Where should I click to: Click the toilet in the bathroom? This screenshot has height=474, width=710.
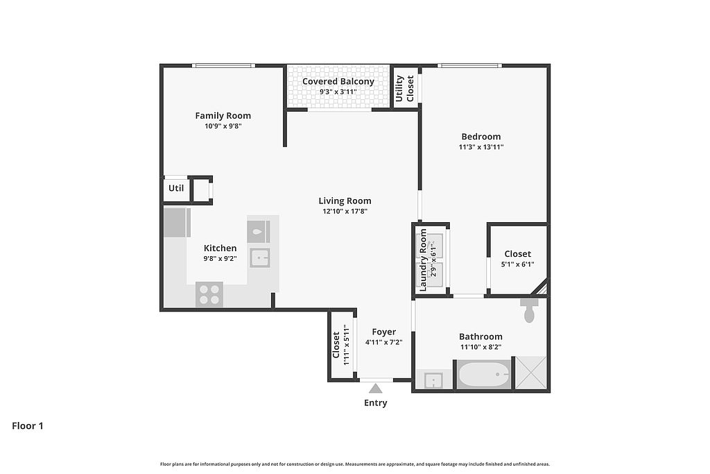(x=529, y=310)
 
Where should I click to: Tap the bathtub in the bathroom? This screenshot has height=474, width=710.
(x=484, y=374)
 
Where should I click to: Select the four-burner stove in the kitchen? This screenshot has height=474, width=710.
(x=209, y=294)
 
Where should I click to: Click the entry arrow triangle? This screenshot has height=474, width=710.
(x=375, y=389)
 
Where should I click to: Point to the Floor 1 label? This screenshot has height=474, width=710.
(x=28, y=426)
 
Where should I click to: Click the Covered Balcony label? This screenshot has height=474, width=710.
(x=338, y=82)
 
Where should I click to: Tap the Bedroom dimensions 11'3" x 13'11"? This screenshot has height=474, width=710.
(x=481, y=147)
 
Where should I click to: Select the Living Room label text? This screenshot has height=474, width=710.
(x=345, y=201)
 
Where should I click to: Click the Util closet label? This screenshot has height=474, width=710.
(x=176, y=188)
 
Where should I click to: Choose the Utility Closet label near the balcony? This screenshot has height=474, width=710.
(x=405, y=88)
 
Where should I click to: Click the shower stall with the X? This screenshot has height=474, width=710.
(x=531, y=373)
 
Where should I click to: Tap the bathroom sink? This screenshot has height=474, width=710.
(x=433, y=380)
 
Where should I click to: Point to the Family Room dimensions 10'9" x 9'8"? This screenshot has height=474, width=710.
(x=223, y=126)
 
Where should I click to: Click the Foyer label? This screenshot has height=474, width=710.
(x=384, y=332)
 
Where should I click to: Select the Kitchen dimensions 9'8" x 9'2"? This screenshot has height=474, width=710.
(x=220, y=259)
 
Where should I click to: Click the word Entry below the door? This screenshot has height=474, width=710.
(x=375, y=403)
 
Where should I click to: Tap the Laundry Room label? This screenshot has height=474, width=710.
(x=424, y=260)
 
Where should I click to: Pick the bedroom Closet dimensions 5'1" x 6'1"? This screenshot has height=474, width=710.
(x=517, y=264)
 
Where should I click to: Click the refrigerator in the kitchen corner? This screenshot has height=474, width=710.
(x=177, y=223)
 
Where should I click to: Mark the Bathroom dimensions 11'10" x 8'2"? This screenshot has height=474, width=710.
(x=481, y=347)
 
